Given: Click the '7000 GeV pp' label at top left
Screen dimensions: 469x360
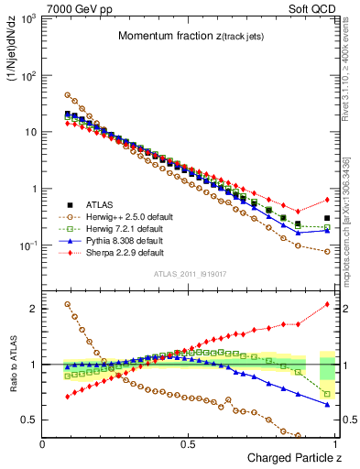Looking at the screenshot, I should [76, 7].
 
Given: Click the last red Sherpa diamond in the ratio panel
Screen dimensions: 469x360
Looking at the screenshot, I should [326, 304].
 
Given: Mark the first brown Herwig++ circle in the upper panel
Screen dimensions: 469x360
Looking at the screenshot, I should [68, 94].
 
